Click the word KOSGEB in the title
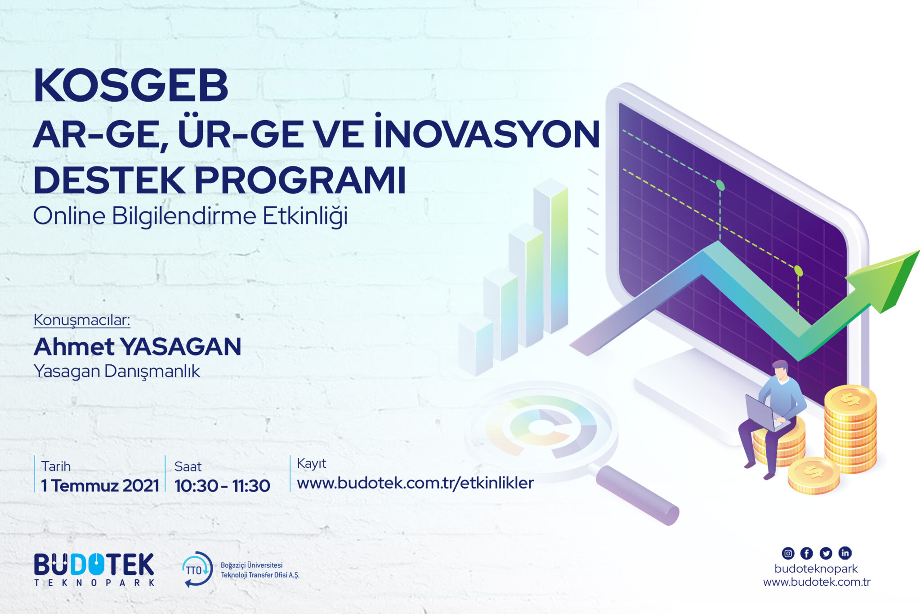pos(131,86)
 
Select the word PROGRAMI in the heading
pos(300,180)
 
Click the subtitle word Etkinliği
pos(305,216)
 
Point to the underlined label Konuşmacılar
pos(82,320)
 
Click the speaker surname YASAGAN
pos(181,347)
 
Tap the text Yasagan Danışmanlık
pos(117,372)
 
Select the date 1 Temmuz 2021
pos(100,486)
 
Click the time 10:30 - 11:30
pos(222,486)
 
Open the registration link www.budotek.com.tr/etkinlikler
pos(416,483)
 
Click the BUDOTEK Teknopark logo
pos(94,569)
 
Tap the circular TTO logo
pos(197,569)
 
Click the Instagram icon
pos(788,553)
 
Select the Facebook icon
pos(807,553)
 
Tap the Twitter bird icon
pos(826,553)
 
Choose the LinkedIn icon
pos(845,553)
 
